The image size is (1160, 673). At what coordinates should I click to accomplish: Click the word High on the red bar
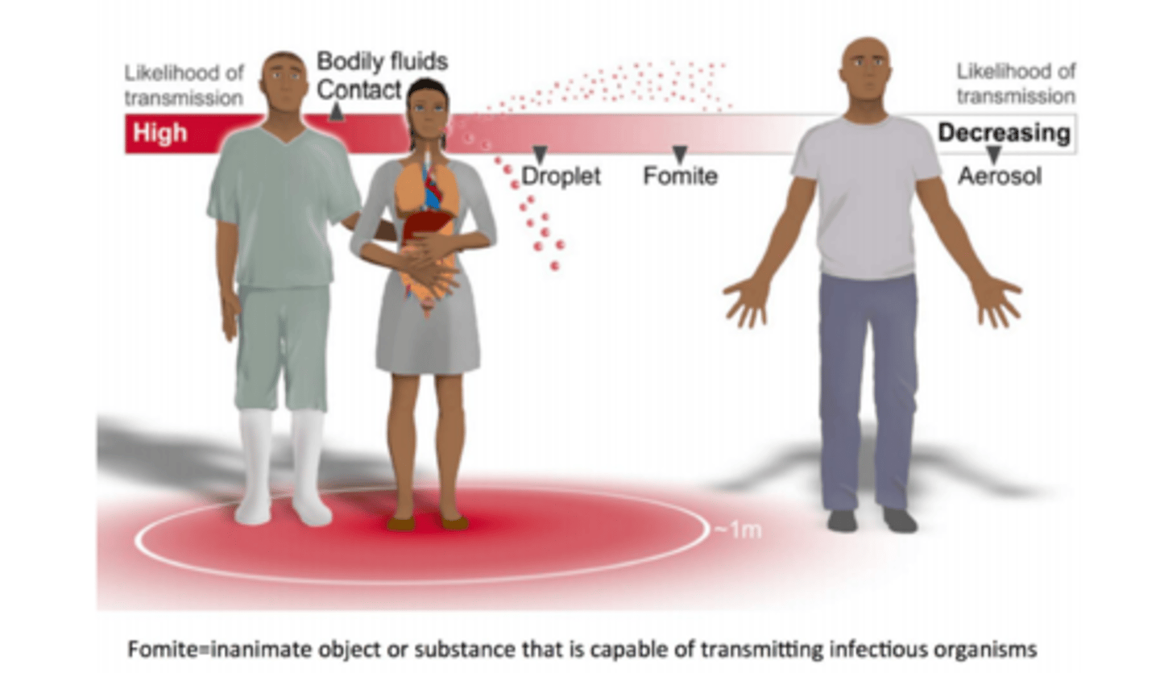[x=160, y=133]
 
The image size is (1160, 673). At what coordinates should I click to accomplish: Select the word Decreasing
[x=1004, y=132]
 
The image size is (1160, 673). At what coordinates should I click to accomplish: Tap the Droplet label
[x=561, y=176]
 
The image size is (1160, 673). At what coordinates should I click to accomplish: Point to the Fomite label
[x=680, y=176]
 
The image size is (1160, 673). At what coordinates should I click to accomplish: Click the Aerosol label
[x=999, y=176]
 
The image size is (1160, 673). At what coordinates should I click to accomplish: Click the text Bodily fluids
[x=382, y=61]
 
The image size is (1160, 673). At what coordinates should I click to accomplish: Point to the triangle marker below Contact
[x=337, y=114]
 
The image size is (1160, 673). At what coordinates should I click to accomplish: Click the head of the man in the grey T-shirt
[x=865, y=69]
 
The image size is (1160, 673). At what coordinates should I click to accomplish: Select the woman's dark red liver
[x=426, y=223]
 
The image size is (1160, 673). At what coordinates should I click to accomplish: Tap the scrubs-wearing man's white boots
[x=282, y=467]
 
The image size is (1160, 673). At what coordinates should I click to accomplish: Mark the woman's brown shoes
[x=427, y=522]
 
